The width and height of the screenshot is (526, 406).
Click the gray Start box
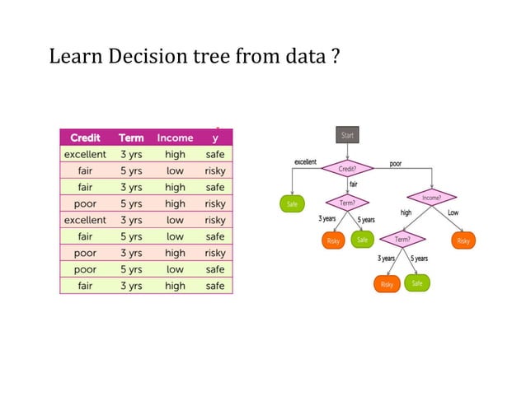pos(347,135)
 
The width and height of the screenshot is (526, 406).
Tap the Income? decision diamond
pos(431,198)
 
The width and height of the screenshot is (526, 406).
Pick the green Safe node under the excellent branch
pos(292,203)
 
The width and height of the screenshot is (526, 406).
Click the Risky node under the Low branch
pos(463,240)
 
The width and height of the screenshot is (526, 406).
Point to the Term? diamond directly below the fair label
pos(348,203)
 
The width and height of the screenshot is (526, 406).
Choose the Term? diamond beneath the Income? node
pos(402,240)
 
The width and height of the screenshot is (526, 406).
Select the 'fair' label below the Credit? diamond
pos(353,184)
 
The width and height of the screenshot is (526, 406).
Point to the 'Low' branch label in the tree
pos(453,212)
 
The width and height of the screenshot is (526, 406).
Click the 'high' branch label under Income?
pos(406,212)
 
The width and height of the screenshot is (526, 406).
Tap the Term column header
pos(131,138)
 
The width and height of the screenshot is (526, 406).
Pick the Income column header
pos(175,138)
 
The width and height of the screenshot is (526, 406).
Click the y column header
pos(215,138)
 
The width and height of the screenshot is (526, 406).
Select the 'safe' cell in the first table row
pos(215,154)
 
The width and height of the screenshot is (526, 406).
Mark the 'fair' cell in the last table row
pos(85,286)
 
